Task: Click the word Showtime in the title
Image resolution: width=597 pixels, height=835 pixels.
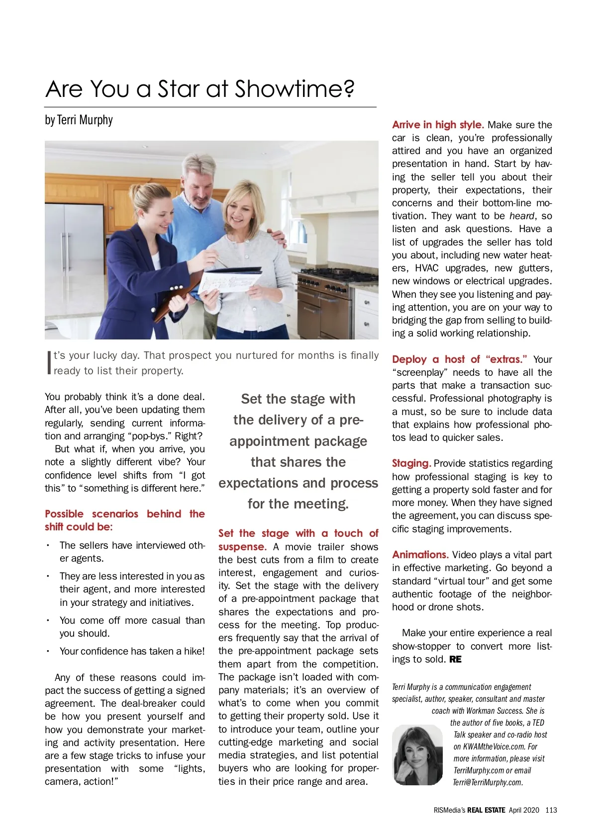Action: point(294,89)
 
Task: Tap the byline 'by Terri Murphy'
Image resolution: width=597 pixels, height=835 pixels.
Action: point(79,120)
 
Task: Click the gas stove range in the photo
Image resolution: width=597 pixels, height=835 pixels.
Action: point(323,298)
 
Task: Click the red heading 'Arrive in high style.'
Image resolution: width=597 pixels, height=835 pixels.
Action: point(438,125)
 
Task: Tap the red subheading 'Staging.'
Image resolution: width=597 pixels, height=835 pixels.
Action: point(411,463)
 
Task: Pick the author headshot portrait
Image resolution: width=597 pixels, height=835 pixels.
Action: point(417,754)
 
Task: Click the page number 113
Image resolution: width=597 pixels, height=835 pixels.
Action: point(551,810)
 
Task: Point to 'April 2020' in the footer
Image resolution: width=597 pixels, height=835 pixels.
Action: point(524,810)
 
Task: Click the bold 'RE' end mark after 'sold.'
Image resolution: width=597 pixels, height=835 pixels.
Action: point(455,660)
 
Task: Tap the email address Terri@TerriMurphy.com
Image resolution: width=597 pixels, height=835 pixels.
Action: point(488,782)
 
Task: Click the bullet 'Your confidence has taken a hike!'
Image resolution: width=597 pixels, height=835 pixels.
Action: point(132,651)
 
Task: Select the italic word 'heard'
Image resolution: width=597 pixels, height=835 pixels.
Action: point(521,216)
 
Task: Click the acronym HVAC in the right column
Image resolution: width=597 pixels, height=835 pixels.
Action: point(427,268)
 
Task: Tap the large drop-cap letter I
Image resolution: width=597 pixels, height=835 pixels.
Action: point(49,363)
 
